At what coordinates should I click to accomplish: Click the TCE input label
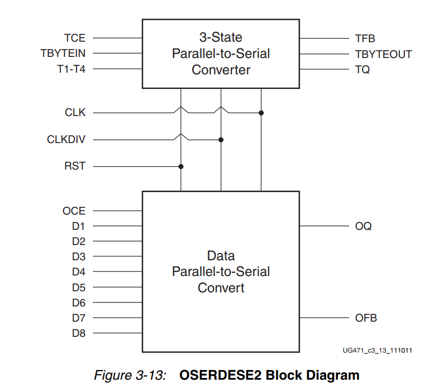(75, 38)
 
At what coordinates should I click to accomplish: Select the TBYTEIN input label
(63, 54)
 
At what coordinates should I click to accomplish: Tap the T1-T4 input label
(70, 69)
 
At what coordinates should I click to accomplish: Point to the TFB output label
(365, 39)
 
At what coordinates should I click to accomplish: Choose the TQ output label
(362, 70)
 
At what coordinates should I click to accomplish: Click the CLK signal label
(75, 113)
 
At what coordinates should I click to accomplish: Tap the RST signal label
(75, 167)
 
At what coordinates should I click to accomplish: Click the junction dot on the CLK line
(261, 113)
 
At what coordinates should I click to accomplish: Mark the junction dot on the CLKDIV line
(221, 140)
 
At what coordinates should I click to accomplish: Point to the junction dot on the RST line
(181, 167)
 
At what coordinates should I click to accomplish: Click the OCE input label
(74, 211)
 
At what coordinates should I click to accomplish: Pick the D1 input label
(79, 226)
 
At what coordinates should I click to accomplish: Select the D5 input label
(79, 287)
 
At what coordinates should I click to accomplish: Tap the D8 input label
(79, 333)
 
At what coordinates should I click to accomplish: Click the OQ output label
(363, 226)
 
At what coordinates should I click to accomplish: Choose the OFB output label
(365, 318)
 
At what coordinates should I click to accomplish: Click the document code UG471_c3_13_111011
(377, 350)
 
